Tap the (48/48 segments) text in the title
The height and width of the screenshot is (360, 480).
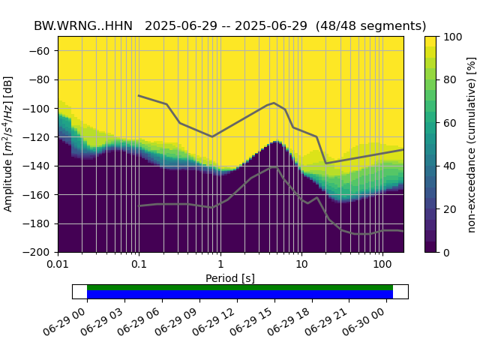point(370,26)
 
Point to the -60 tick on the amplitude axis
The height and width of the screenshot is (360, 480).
point(43,51)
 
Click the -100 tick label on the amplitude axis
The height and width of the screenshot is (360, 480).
point(40,109)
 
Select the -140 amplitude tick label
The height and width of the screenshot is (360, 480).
point(40,166)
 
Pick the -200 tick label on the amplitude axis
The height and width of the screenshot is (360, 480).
point(40,253)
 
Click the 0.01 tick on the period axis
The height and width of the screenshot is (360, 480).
point(58,265)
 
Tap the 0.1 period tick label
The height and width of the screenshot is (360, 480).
point(139,265)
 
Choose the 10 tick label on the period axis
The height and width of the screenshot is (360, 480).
point(301,265)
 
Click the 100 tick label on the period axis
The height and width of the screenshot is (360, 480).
point(382,265)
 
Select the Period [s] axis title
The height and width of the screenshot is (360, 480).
point(230,278)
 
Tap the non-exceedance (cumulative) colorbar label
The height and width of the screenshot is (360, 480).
point(471,144)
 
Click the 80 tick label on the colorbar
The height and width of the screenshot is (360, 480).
point(451,79)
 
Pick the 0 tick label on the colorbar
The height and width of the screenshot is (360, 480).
point(448,253)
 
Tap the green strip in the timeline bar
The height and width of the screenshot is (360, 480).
point(240,287)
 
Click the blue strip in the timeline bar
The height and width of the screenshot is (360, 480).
point(240,295)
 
